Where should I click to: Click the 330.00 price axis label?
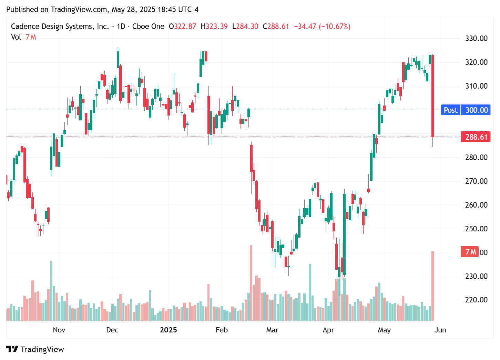476,38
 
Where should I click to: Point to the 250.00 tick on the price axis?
476,229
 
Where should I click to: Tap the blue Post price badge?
450,110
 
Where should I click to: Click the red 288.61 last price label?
476,137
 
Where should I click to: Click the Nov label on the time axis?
59,330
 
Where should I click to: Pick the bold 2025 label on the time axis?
169,330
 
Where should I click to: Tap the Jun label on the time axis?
440,330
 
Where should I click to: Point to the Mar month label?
272,330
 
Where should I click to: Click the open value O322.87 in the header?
182,27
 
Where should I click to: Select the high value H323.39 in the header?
214,27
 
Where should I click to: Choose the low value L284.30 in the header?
245,27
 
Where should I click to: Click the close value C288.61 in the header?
276,27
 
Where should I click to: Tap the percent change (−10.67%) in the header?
335,27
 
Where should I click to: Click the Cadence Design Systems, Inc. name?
60,27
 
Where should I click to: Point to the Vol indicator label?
16,37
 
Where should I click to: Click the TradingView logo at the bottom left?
35,349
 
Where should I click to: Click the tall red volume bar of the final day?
432,286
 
